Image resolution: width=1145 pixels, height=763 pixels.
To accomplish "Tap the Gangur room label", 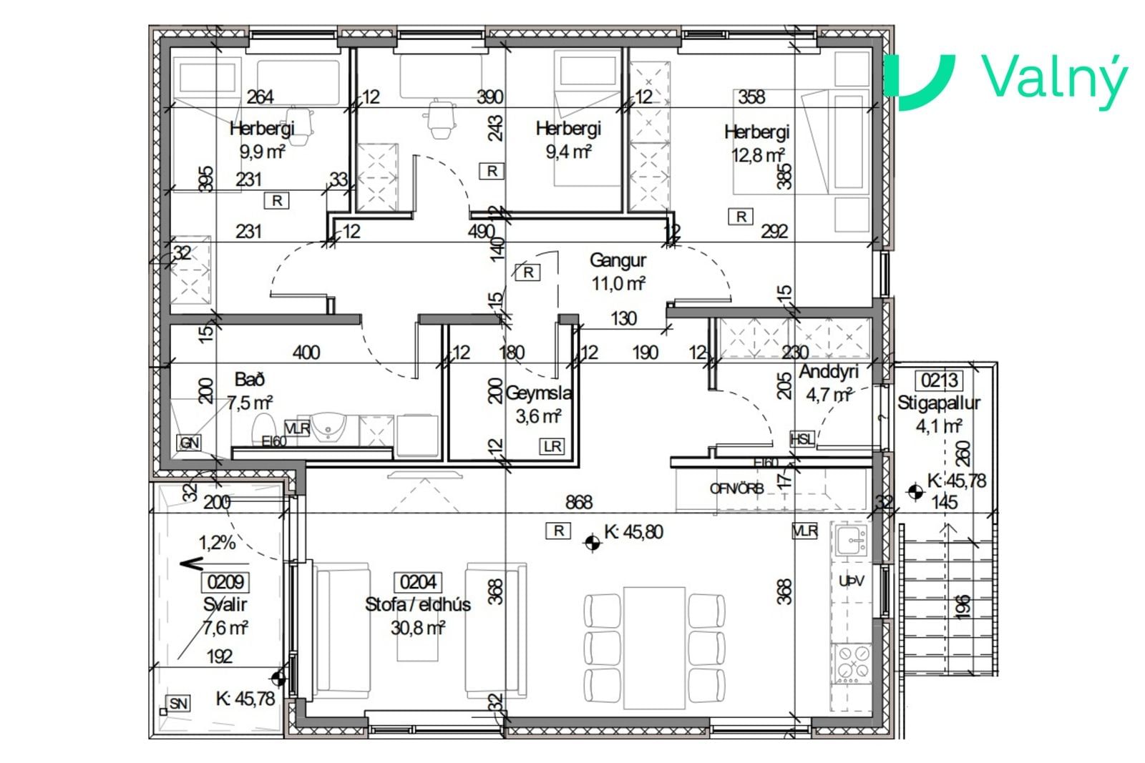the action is (618, 260).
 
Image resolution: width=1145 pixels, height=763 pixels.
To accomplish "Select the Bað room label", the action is (250, 380).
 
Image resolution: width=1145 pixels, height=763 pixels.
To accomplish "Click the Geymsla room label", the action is (538, 393).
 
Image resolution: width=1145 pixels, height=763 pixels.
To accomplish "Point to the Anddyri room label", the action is (828, 372).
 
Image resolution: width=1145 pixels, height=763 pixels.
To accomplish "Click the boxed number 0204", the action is (418, 582).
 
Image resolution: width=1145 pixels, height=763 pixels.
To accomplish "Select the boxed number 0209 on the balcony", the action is (225, 582).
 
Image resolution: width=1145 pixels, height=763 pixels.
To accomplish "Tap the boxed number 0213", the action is (939, 380).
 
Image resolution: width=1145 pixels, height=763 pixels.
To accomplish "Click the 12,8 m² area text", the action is (758, 154).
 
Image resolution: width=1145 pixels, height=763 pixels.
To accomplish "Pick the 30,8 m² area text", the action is (418, 627).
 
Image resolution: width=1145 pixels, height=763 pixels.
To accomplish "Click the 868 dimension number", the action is (579, 503).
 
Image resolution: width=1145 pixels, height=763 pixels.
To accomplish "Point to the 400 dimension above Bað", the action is (306, 353).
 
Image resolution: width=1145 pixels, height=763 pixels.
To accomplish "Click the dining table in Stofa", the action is (654, 648).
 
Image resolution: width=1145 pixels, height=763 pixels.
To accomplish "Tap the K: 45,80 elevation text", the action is (633, 531).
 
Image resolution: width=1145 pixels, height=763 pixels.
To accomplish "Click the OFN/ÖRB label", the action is (736, 488).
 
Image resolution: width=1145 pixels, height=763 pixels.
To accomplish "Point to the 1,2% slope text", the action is (217, 542).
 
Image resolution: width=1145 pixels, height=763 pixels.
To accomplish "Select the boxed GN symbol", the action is (189, 443).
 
